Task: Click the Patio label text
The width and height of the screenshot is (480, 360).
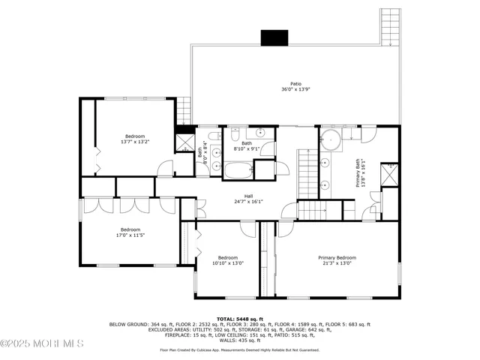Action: tap(296, 84)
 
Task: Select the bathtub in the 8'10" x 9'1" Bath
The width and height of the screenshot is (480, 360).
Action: tap(239, 169)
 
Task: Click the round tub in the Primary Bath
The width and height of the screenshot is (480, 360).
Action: tap(331, 139)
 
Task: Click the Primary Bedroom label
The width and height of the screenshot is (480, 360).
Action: tap(336, 257)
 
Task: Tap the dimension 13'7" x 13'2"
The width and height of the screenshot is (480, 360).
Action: tap(135, 141)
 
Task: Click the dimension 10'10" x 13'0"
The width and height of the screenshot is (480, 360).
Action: tap(227, 263)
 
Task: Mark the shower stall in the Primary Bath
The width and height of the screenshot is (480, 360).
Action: tap(389, 175)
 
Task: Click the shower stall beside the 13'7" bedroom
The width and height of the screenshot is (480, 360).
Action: tap(184, 143)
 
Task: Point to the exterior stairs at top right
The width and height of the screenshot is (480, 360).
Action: tap(390, 28)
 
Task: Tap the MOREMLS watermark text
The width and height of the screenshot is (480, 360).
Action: tap(42, 343)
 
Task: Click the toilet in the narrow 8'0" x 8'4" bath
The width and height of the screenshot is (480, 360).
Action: tap(214, 136)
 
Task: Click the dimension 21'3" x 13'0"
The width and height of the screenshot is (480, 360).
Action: tap(336, 263)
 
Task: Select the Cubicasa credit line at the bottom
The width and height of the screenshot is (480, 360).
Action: tap(240, 349)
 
